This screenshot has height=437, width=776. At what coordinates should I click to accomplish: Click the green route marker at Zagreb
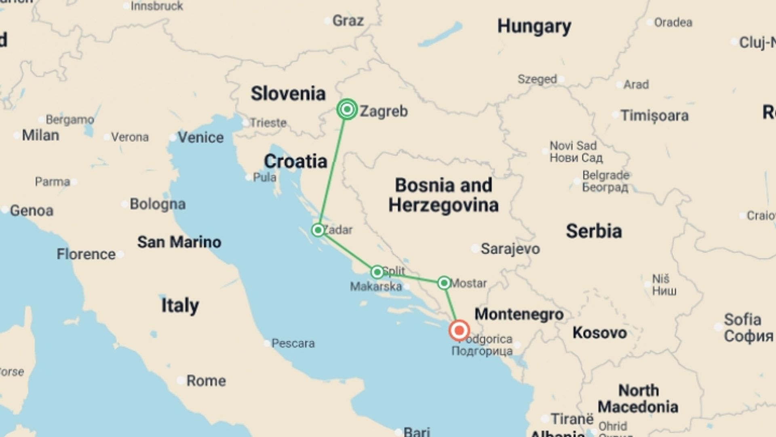point(347,109)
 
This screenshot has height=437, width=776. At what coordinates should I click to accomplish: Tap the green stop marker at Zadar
point(318,230)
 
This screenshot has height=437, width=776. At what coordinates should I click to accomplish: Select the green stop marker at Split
point(377,272)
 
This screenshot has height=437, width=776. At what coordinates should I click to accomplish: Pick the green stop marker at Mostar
point(444,283)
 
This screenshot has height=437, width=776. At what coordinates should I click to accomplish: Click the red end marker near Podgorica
point(459,331)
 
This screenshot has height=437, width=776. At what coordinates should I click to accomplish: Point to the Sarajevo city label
point(510,249)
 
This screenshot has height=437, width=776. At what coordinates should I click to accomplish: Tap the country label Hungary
point(534,27)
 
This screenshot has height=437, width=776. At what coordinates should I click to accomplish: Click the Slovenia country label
point(288,93)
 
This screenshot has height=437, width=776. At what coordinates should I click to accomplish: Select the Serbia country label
point(594,231)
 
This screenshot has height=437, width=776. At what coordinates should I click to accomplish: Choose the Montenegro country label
point(519,314)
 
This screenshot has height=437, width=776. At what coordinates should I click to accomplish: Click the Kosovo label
point(600,333)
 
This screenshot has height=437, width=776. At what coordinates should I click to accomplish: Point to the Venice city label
point(200,138)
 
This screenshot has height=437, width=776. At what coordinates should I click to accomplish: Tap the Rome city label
point(206,381)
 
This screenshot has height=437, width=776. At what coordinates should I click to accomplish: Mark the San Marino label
point(179,242)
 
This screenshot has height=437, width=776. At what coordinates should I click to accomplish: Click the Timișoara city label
point(654,116)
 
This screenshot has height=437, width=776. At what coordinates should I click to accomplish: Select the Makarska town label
point(376,286)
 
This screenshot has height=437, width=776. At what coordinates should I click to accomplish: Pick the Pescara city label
point(293,344)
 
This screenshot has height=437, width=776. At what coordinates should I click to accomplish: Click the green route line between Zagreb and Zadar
point(333,170)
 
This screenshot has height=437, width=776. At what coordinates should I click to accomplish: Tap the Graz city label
point(348,21)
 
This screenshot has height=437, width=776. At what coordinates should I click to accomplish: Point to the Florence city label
point(86,255)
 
